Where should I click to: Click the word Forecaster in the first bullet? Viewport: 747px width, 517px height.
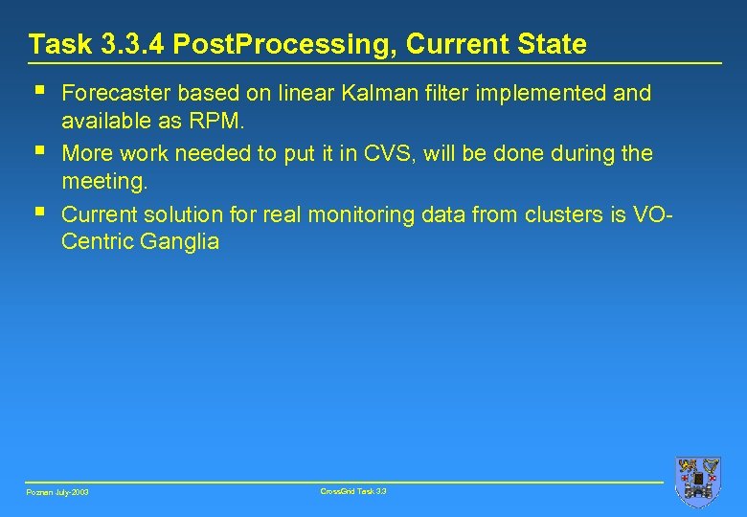click(116, 94)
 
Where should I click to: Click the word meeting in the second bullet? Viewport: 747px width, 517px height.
click(103, 182)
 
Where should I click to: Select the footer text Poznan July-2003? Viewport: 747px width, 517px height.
click(57, 492)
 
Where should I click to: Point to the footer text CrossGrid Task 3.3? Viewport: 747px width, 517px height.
click(353, 491)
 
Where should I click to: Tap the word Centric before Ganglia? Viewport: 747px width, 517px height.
click(97, 241)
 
